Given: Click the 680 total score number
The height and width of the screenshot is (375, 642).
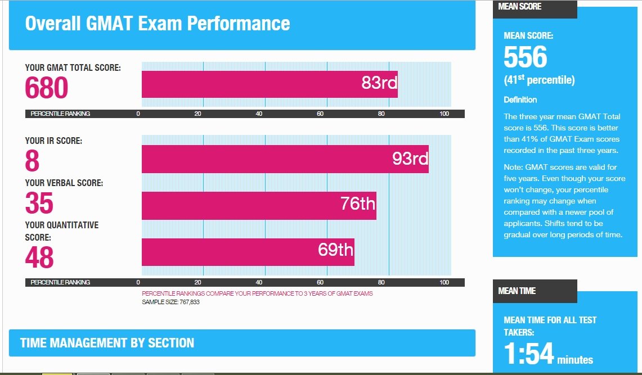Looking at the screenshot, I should point(47,88).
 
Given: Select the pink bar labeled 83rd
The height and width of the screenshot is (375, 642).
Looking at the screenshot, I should point(269,84).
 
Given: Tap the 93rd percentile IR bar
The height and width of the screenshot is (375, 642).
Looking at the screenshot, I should point(285,159).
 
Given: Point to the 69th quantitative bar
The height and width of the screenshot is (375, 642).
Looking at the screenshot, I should point(248,252).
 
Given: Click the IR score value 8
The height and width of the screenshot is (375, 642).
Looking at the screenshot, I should point(32,161).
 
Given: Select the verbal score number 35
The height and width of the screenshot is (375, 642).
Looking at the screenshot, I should point(39,204).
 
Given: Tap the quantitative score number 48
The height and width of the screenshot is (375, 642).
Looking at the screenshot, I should point(39,257).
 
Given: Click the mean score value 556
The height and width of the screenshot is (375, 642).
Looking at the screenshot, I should point(526,57).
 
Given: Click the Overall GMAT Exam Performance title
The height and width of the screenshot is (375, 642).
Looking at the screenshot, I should point(158,24).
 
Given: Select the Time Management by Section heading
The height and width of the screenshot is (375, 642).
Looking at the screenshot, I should point(107,343).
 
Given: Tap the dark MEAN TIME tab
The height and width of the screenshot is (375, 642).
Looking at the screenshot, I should point(535,291).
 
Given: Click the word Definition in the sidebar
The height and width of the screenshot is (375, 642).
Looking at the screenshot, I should point(520,100).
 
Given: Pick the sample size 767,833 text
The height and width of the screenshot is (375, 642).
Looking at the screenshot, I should point(170,302).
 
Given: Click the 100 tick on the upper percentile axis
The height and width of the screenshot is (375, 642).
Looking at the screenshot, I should point(444,114).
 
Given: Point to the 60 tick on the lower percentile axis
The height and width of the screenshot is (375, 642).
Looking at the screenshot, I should point(320,282).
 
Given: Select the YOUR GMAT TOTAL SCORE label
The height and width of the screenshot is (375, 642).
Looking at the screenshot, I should point(73,68).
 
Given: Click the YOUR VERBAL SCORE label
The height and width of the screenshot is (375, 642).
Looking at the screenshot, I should point(64,183).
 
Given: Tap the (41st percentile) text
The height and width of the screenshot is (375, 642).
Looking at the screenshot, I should point(539,80).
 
